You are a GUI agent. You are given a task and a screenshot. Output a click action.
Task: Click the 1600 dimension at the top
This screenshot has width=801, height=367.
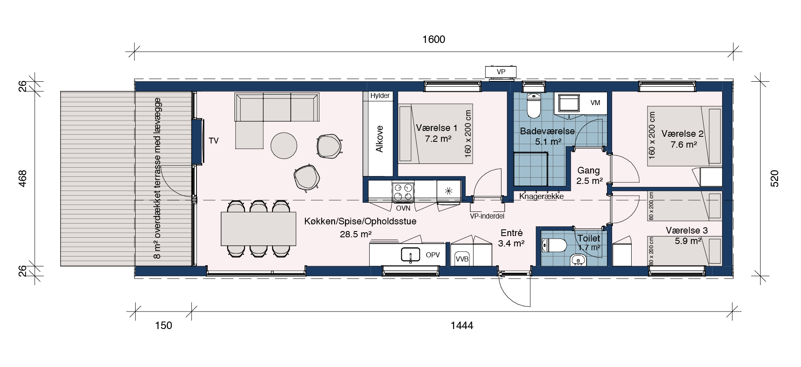tap(434, 40)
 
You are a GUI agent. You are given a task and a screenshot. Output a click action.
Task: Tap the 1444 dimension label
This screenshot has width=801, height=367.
tap(462, 325)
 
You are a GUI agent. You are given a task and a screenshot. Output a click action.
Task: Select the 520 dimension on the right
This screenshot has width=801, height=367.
tap(774, 178)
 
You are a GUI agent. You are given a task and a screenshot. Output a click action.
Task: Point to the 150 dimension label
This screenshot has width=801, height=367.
tap(164, 325)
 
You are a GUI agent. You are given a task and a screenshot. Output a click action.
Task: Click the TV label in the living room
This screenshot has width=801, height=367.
tap(214, 141)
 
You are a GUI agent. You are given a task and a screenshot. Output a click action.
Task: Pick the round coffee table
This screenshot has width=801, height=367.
tap(284, 146)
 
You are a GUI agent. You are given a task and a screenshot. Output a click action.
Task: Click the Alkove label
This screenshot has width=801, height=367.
tap(379, 139)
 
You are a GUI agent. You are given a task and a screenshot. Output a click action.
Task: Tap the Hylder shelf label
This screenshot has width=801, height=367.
tap(380, 96)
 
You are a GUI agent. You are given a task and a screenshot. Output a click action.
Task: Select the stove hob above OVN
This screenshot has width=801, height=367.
tap(403, 192)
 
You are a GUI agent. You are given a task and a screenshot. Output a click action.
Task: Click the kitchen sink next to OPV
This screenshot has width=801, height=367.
tap(411, 254)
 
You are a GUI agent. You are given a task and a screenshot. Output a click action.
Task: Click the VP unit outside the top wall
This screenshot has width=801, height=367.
tap(501, 72)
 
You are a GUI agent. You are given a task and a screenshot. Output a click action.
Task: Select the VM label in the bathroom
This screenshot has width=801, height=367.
tap(595, 103)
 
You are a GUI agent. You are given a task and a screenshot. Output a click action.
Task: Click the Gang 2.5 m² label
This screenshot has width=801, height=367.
tap(589, 176)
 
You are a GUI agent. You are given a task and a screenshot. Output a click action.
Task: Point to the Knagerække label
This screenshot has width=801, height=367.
tap(542, 196)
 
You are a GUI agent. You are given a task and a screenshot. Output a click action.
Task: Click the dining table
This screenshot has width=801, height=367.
tap(258, 229)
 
